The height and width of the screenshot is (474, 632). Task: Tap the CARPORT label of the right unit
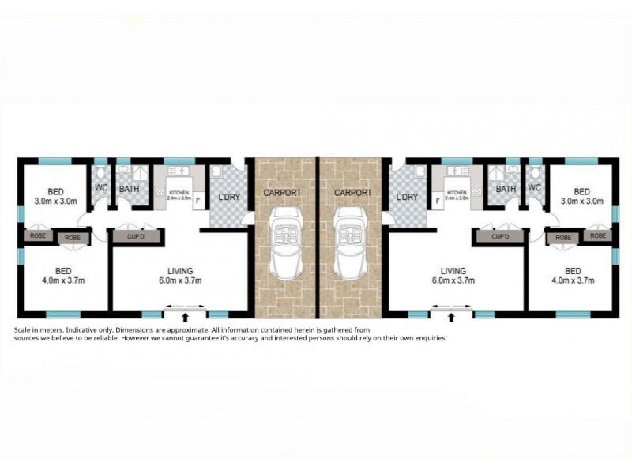click(x=352, y=192)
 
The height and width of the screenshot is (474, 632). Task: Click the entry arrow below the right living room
click(x=451, y=318)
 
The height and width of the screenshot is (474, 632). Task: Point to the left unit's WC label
click(x=101, y=187)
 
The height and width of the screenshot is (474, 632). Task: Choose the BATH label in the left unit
click(x=129, y=189)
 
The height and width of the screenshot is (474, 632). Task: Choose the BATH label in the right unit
click(x=506, y=189)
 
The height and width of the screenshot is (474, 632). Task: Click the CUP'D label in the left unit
click(x=130, y=235)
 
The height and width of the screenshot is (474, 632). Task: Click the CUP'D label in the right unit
click(x=499, y=236)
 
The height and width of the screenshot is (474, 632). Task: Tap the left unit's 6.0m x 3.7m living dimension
click(x=179, y=280)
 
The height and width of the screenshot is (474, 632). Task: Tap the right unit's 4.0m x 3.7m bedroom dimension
click(x=581, y=280)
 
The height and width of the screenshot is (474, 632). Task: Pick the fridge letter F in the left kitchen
click(x=196, y=201)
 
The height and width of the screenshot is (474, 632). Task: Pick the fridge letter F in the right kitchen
click(x=438, y=201)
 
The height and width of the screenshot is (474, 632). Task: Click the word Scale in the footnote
click(x=25, y=329)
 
